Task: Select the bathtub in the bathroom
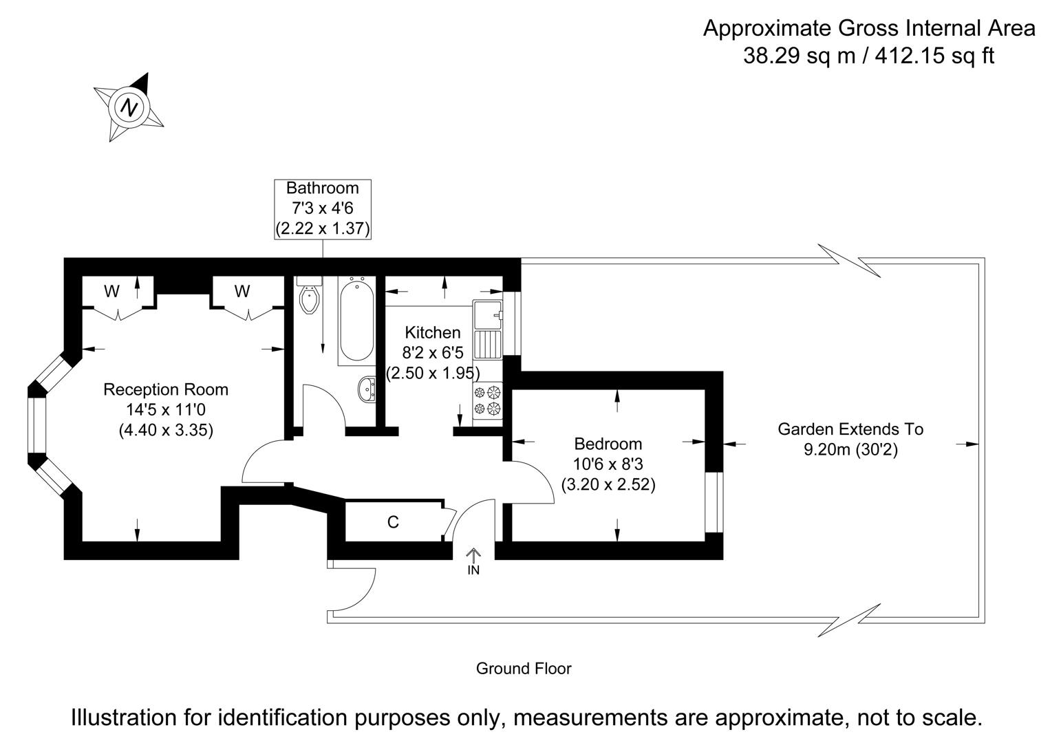point(356,320)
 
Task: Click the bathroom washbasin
point(367,389)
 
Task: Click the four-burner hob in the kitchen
point(487,401)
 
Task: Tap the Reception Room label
point(166,390)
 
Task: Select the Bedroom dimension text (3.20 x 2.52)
point(608,484)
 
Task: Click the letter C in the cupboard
point(393,523)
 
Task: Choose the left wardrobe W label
point(111,292)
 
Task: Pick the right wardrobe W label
point(242,292)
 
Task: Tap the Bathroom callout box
point(323,208)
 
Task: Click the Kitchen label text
point(432,333)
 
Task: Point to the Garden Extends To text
point(850,429)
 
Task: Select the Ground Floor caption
point(524,669)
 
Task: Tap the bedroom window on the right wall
point(715,502)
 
